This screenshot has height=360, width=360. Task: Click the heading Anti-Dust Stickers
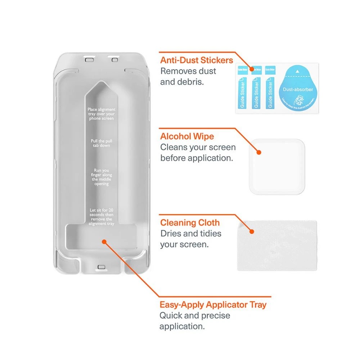(197, 60)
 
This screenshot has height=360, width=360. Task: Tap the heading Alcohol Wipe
(187, 136)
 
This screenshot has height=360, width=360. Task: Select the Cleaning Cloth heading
(190, 222)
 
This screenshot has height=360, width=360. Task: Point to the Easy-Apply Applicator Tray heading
(213, 305)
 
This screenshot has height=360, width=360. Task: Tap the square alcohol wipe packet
(278, 167)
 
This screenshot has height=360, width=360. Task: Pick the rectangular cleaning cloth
(277, 246)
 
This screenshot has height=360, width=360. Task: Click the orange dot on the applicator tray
(104, 242)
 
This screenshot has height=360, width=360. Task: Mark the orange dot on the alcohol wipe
(258, 152)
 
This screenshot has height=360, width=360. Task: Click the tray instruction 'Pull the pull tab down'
(101, 143)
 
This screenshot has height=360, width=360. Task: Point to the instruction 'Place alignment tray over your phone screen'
(101, 114)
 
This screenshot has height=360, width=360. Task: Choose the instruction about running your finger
(101, 177)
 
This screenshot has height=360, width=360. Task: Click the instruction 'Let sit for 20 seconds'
(102, 216)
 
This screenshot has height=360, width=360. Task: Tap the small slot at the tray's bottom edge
(101, 267)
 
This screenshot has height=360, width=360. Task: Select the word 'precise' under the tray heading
(213, 316)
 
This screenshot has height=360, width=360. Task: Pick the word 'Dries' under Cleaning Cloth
(171, 233)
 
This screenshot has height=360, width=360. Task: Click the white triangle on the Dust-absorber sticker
(297, 71)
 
